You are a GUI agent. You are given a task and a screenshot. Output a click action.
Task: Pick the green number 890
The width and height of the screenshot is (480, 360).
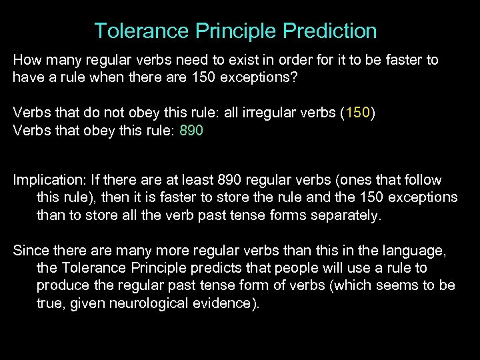(191, 131)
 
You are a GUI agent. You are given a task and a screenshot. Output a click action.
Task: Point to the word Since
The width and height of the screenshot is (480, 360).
(31, 251)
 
